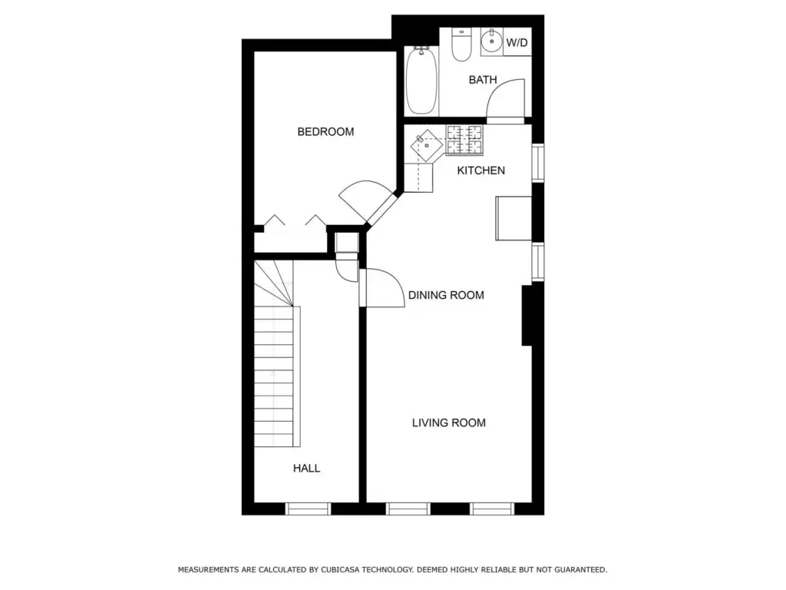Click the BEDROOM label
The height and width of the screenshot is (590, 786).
[325, 132]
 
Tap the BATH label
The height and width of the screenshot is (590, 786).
[483, 80]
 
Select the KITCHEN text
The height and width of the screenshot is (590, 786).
[481, 171]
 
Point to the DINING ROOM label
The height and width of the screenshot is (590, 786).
[446, 295]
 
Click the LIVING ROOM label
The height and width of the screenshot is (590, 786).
[448, 423]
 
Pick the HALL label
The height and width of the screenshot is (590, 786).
[307, 469]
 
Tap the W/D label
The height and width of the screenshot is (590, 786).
[517, 43]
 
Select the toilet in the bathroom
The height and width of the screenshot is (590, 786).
[461, 44]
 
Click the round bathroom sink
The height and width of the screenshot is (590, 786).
[492, 41]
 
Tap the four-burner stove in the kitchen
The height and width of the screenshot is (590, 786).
[464, 140]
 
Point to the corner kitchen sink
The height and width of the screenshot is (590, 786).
[427, 145]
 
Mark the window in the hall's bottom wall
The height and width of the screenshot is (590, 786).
[308, 509]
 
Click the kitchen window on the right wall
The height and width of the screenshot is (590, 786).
[538, 163]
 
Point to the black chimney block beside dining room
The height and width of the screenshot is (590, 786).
[527, 315]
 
